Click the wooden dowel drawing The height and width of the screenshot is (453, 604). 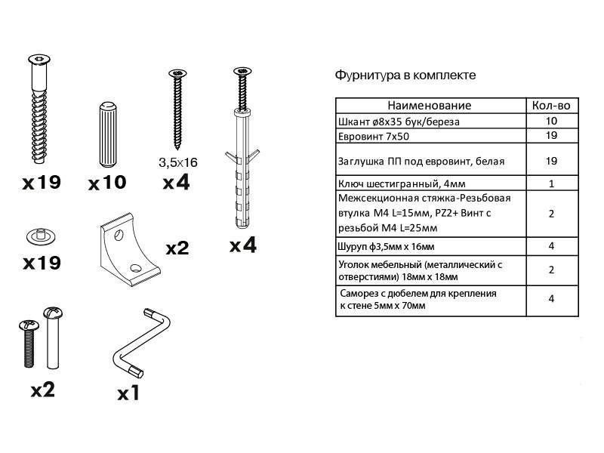[x=107, y=134]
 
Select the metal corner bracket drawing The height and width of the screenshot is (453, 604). [x=128, y=249]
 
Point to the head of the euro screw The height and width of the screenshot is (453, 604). [x=39, y=60]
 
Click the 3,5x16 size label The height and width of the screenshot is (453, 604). [x=178, y=162]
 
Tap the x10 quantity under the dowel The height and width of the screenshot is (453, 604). [x=107, y=182]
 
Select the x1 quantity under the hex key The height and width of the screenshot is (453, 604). [x=128, y=393]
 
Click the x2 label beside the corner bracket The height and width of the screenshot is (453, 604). [x=177, y=248]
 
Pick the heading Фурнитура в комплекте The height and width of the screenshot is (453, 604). [x=405, y=75]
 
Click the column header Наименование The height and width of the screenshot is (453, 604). [x=429, y=106]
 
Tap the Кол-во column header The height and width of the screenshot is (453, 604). [x=551, y=106]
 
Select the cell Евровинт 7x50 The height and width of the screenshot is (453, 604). [x=430, y=136]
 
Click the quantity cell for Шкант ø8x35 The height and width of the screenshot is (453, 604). [x=552, y=121]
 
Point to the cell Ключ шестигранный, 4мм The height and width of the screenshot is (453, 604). [x=430, y=183]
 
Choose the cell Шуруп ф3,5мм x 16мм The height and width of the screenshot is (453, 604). [x=430, y=247]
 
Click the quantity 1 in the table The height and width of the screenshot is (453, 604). [x=552, y=183]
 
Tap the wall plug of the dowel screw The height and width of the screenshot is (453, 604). [x=242, y=169]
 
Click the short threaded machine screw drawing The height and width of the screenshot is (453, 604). [x=29, y=343]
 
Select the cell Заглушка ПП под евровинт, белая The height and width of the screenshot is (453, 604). [x=430, y=160]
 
